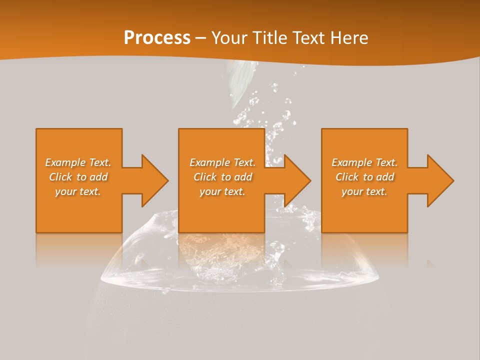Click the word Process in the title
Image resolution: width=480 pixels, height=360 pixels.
click(157, 38)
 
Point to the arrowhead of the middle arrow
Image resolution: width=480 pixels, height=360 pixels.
click(297, 180)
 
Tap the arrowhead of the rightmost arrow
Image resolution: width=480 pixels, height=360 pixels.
click(440, 180)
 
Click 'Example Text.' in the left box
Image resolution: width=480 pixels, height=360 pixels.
click(78, 162)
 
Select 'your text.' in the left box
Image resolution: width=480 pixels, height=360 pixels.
click(78, 191)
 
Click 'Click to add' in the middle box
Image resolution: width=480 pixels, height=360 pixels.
click(222, 177)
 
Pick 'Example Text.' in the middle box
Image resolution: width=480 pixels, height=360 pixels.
click(222, 162)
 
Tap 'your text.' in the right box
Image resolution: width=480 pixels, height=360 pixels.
click(364, 191)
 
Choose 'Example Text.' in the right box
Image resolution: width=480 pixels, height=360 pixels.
click(364, 162)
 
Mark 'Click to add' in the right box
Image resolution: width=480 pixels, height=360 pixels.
click(364, 177)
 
